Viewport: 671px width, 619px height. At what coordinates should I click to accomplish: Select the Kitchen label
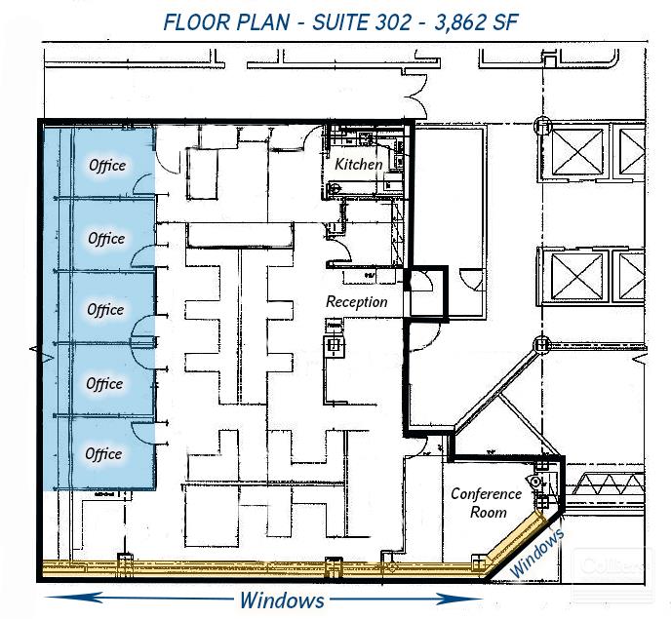359,164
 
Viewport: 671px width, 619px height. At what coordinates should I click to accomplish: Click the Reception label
356,301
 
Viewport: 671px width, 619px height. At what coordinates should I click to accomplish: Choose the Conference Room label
486,503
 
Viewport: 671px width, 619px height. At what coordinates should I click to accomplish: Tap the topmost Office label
107,165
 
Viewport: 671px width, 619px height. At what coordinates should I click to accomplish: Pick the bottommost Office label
104,453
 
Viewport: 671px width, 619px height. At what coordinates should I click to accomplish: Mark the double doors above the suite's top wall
414,97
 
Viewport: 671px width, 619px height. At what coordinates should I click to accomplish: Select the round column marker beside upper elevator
542,126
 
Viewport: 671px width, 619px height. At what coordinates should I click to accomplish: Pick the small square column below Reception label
334,344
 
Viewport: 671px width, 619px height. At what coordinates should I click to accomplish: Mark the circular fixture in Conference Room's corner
535,482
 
